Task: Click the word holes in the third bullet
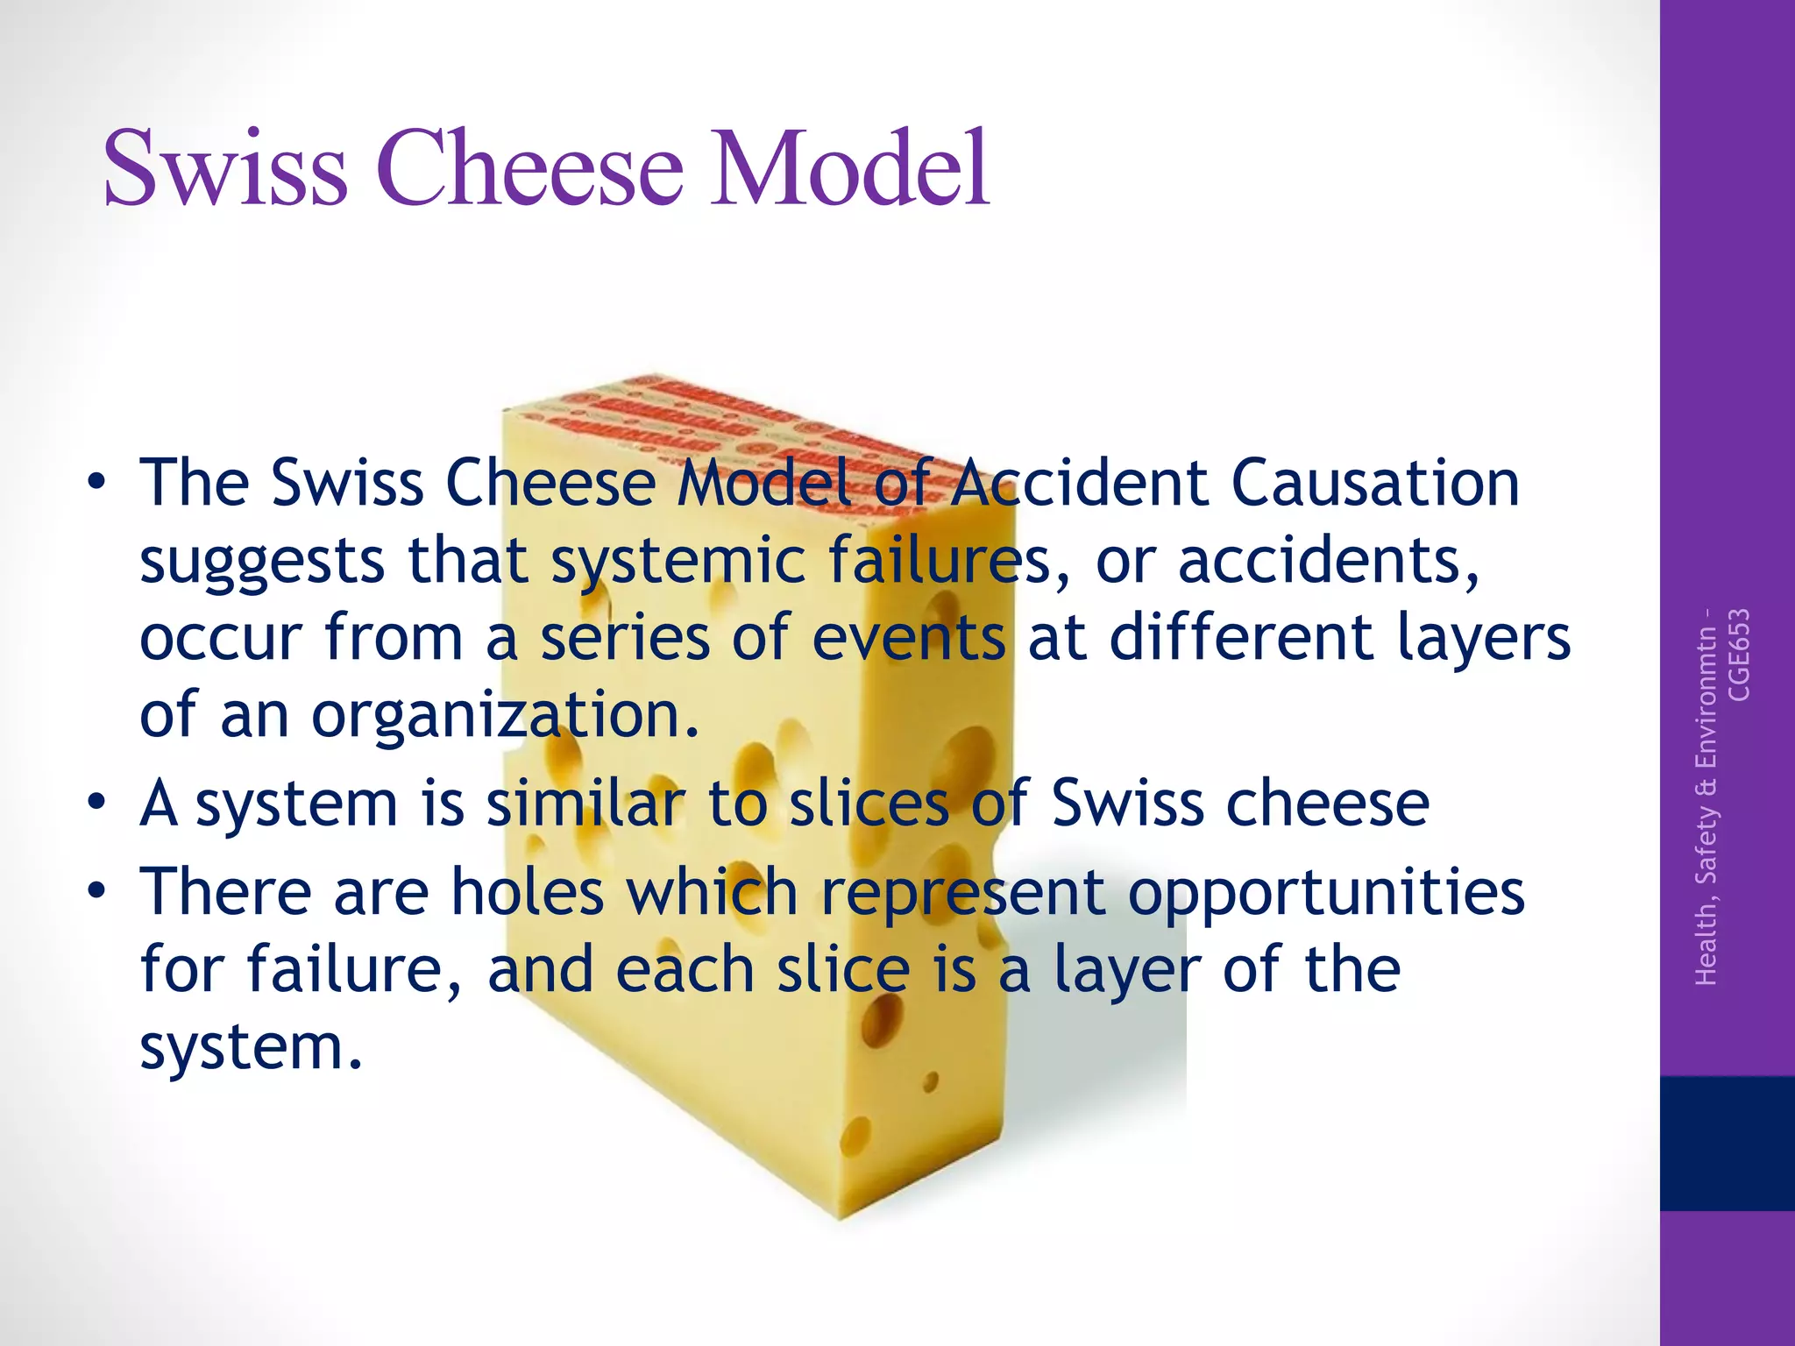coord(527,892)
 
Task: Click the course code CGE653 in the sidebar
coord(1738,655)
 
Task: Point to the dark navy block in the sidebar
coord(1727,1143)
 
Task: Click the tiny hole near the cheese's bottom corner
coord(931,1083)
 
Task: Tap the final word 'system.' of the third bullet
coord(251,1047)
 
